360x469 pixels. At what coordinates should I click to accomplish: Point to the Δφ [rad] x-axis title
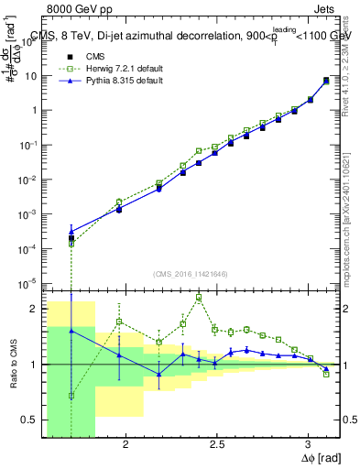coord(320,457)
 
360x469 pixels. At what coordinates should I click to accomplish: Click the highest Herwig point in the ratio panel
coord(199,298)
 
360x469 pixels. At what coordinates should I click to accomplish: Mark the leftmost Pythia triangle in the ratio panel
coord(71,331)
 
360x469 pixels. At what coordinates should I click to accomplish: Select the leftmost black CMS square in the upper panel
coord(71,238)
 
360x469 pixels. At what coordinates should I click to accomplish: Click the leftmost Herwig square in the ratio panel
coord(71,396)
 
